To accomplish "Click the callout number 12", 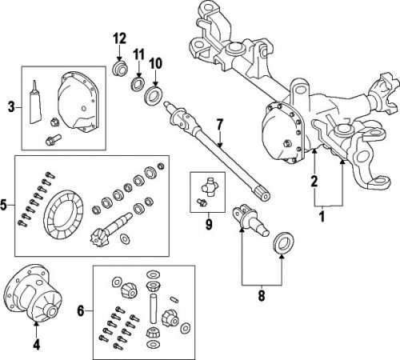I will (x=119, y=38).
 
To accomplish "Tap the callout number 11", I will (x=137, y=54).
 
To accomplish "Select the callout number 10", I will (x=155, y=62).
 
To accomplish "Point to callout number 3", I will (x=10, y=107).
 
